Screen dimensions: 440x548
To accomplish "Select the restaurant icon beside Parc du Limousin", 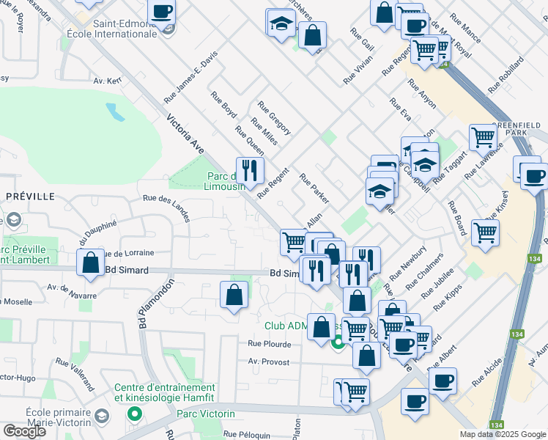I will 250,171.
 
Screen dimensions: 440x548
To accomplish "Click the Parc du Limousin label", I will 223,181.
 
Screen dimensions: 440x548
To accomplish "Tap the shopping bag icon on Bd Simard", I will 91,263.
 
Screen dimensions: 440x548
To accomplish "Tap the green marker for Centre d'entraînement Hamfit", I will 134,414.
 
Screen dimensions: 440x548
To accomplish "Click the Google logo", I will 25,430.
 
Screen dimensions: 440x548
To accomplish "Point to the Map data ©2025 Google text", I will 503,434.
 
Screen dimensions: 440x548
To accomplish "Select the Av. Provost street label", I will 269,362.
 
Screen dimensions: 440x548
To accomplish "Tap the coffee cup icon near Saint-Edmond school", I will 162,12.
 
